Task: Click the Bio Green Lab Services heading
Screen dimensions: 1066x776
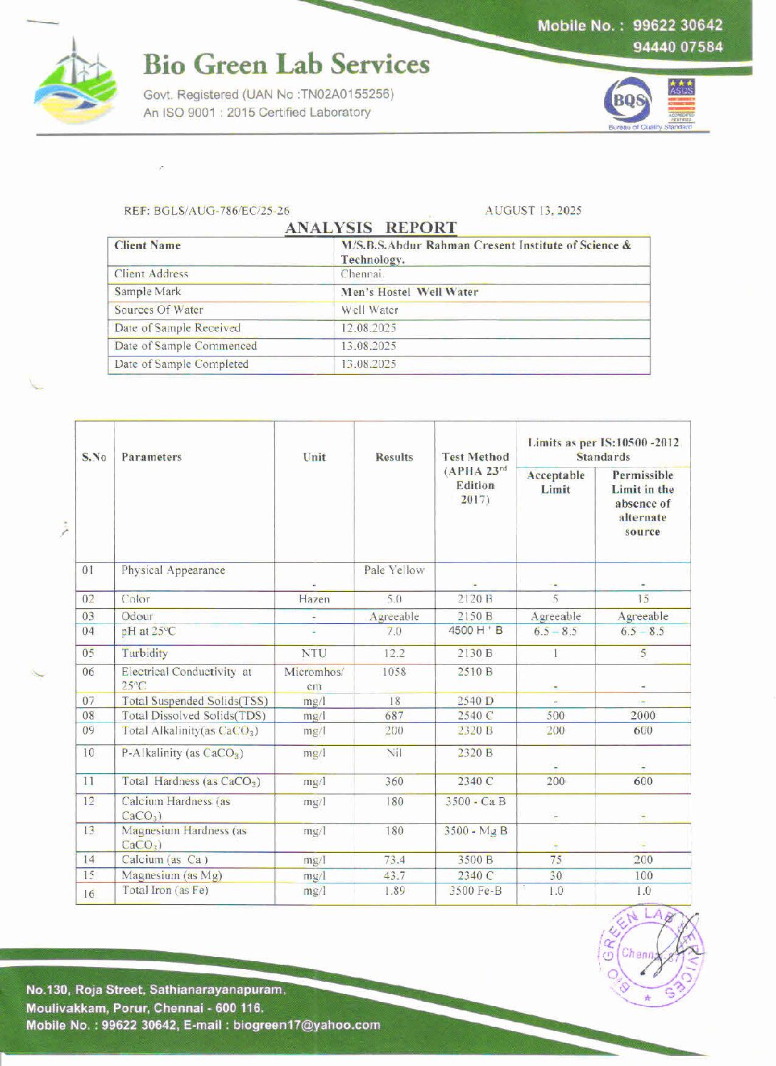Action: pos(286,64)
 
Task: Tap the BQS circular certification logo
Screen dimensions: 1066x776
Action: pos(628,103)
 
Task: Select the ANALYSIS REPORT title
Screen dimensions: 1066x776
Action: pos(371,227)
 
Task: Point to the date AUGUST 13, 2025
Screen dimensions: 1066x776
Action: pos(533,210)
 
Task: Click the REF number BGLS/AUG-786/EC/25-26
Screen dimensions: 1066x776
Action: pos(207,210)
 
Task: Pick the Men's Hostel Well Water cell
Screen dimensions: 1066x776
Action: pos(409,292)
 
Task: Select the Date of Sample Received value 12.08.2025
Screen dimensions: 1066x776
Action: pos(368,328)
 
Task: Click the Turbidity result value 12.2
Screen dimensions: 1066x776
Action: pos(394,653)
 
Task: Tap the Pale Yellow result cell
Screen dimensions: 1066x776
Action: pos(394,570)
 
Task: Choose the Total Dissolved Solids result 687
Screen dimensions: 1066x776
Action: pos(394,715)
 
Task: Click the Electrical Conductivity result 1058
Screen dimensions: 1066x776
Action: pos(394,672)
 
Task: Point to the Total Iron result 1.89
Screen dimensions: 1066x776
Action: pos(394,891)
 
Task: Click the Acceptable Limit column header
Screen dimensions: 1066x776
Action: pos(556,482)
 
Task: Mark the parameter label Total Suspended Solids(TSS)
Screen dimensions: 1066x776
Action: pos(194,701)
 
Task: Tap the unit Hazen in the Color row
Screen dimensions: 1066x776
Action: pos(314,600)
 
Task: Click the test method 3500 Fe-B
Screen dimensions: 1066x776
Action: pos(475,891)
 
